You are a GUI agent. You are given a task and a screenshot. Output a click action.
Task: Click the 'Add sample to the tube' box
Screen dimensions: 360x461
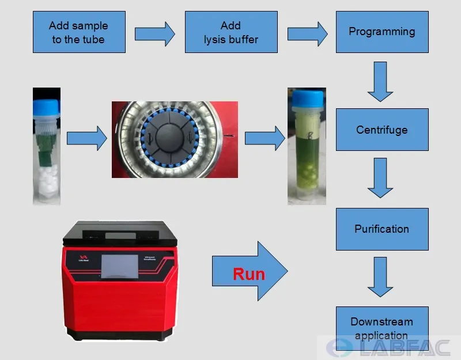pyautogui.click(x=78, y=32)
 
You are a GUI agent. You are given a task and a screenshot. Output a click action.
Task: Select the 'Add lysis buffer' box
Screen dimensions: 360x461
pyautogui.click(x=231, y=32)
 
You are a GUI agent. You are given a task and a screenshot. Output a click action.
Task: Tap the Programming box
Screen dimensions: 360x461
pyautogui.click(x=382, y=32)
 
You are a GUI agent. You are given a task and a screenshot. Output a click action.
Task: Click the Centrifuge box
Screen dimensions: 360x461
pyautogui.click(x=382, y=130)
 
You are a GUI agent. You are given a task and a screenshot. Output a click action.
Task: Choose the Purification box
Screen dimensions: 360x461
pyautogui.click(x=382, y=229)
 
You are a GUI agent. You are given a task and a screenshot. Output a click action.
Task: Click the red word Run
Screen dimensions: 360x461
pyautogui.click(x=248, y=274)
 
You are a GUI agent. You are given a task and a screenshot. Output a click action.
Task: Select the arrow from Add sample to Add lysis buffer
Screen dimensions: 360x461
pyautogui.click(x=154, y=34)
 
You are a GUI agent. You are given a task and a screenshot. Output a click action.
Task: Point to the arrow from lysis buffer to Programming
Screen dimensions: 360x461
pyautogui.click(x=307, y=34)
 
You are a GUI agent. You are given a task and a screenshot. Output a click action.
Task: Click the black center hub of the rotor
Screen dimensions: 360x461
pyautogui.click(x=174, y=138)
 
